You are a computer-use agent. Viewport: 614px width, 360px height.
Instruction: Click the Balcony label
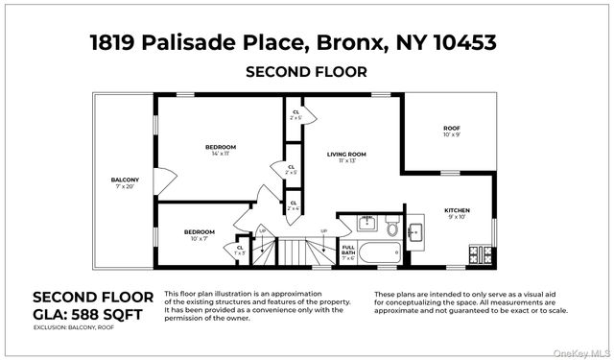pyautogui.click(x=125, y=182)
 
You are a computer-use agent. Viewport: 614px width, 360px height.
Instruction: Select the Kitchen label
pyautogui.click(x=457, y=212)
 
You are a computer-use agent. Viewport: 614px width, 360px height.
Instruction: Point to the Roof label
pyautogui.click(x=451, y=131)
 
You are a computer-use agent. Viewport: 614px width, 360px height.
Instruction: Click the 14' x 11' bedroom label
pyautogui.click(x=221, y=150)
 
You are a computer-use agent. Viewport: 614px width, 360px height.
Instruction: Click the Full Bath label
pyautogui.click(x=348, y=254)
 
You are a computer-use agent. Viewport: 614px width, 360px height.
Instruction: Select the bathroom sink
pyautogui.click(x=366, y=225)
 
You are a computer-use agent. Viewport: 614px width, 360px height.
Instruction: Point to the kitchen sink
pyautogui.click(x=416, y=232)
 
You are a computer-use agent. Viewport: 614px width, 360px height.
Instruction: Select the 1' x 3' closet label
pyautogui.click(x=240, y=252)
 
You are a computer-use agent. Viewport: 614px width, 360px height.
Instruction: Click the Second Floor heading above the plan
pyautogui.click(x=306, y=72)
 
